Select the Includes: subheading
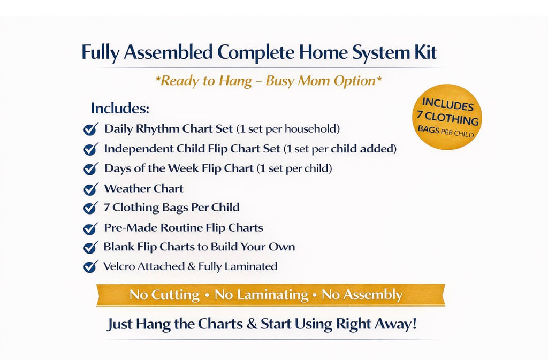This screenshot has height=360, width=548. point(120,108)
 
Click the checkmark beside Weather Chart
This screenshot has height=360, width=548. point(90,189)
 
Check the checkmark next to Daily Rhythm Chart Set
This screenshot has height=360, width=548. point(90,129)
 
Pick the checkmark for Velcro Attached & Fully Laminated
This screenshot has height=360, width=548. point(90,266)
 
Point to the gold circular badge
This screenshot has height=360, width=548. point(447,117)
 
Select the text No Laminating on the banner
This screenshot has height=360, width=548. point(261,295)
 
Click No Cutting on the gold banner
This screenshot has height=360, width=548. point(165,295)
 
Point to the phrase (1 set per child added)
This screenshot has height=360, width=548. point(340,149)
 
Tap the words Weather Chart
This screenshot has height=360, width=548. point(143,188)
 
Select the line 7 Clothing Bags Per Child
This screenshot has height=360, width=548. point(171,208)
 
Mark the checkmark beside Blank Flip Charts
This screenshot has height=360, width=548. point(90,248)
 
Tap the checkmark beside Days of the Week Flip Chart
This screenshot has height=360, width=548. point(90,169)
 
